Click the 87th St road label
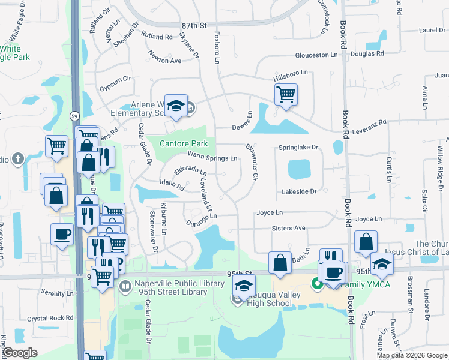(x=194, y=26)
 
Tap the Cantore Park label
(x=184, y=143)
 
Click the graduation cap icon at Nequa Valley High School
(x=244, y=285)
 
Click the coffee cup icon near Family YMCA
(x=334, y=272)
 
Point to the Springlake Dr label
(x=298, y=148)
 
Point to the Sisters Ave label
(x=289, y=229)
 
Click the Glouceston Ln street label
(x=316, y=55)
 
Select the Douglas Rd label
(x=367, y=54)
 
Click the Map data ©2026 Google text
(x=412, y=355)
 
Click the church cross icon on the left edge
(x=18, y=159)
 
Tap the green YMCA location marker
(x=315, y=283)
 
